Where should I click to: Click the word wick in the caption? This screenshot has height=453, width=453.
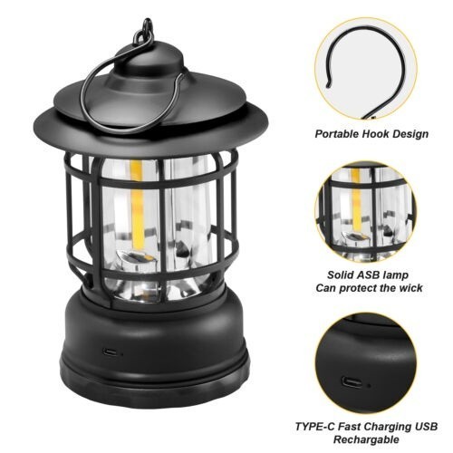416,288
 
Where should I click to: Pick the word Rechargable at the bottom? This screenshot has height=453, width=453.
367,441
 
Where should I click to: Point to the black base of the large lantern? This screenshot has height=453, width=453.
154,353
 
